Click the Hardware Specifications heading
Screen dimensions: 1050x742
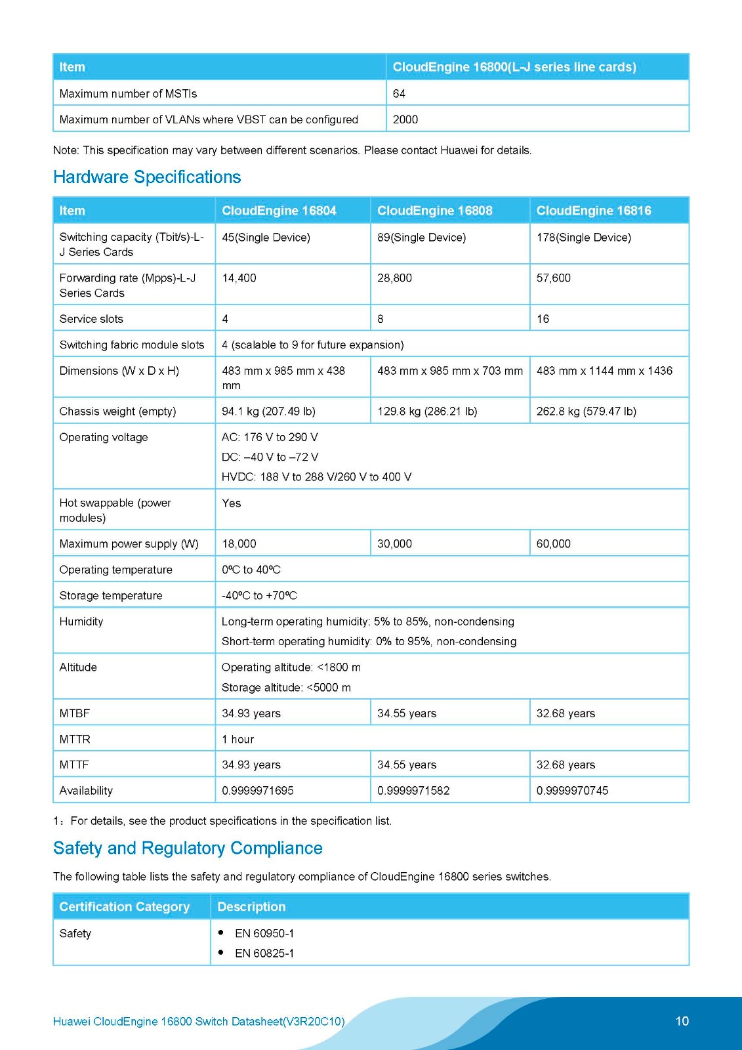147,177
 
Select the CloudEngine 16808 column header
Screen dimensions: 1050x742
434,211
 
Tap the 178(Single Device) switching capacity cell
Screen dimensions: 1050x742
583,238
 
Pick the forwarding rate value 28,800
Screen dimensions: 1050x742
394,278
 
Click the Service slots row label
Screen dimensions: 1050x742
91,319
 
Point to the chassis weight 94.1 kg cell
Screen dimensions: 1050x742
268,411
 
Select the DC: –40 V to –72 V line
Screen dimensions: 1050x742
270,457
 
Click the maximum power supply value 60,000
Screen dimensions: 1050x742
553,544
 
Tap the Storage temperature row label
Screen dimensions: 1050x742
111,596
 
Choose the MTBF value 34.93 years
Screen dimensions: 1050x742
251,713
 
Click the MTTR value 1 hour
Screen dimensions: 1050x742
237,740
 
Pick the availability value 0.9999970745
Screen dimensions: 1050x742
572,791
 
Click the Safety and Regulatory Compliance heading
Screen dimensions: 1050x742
188,849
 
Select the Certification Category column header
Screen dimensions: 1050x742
124,907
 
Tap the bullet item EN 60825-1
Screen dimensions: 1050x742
264,954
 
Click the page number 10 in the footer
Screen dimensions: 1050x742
682,1021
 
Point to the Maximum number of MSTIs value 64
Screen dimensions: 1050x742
399,94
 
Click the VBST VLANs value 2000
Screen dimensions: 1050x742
405,119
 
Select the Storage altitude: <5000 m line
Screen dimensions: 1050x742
286,688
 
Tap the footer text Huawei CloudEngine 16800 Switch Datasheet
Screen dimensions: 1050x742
198,1022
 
